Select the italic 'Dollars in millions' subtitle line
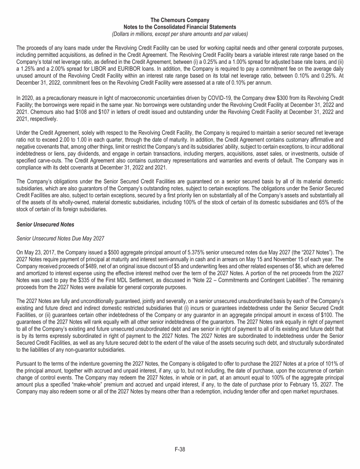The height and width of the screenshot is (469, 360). click(180, 34)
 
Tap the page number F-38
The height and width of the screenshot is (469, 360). click(180, 449)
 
